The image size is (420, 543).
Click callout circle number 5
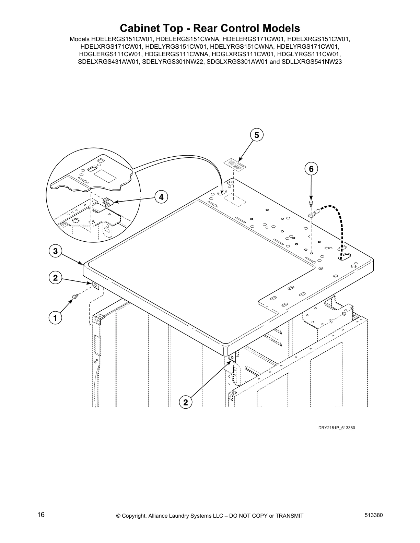click(x=256, y=135)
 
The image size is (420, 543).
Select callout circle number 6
click(x=311, y=169)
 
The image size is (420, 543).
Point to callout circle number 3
click(x=55, y=251)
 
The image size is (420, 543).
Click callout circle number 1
click(x=55, y=318)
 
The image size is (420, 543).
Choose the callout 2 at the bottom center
click(x=186, y=402)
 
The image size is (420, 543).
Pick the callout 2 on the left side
click(x=55, y=278)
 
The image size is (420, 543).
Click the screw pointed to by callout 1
click(x=74, y=296)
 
